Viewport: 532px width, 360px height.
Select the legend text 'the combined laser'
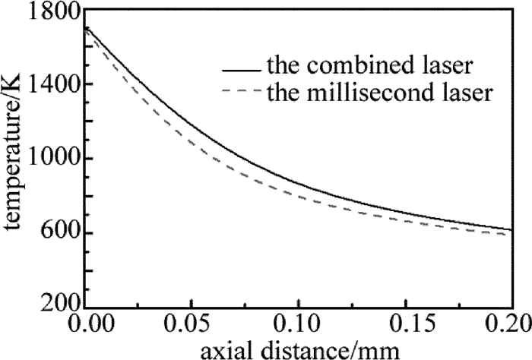click(x=371, y=67)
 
